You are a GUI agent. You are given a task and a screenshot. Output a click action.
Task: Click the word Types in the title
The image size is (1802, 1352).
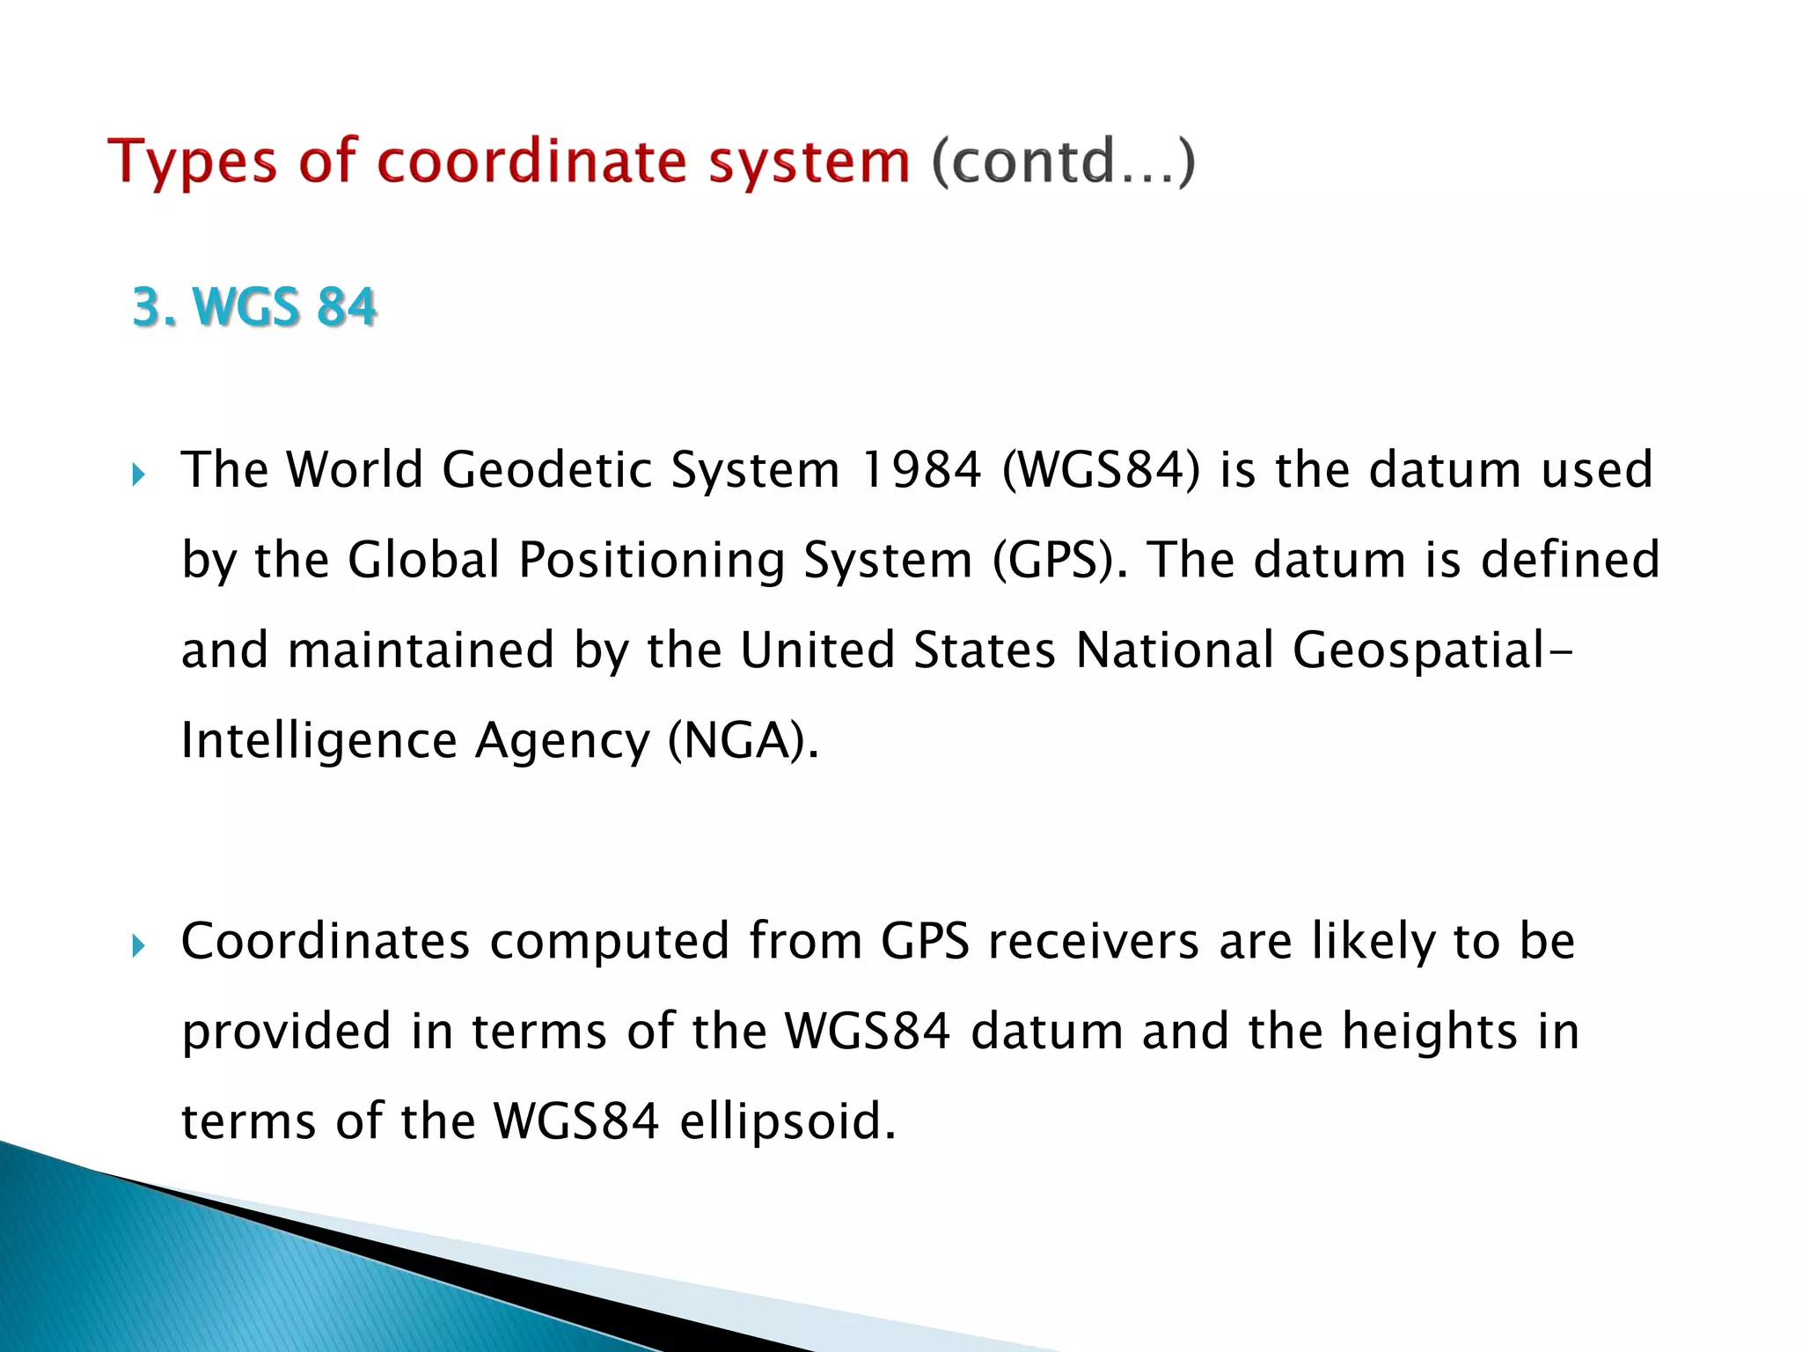point(192,163)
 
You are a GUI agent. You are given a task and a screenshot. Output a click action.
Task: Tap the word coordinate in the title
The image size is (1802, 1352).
point(532,163)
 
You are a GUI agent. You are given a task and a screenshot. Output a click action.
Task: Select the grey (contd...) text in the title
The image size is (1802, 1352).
point(1064,163)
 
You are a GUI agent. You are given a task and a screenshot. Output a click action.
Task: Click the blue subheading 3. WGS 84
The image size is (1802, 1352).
point(254,307)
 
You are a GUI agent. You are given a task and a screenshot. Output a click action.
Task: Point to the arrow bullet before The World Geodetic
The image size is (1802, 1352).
point(138,476)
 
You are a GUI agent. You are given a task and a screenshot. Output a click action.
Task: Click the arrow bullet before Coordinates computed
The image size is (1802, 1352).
point(138,947)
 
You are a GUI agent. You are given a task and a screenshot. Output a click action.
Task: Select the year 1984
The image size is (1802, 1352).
point(920,469)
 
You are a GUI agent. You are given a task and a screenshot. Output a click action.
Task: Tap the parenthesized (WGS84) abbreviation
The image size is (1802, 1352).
point(1101,469)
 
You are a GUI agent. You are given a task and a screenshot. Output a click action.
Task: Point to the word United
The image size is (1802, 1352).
point(817,650)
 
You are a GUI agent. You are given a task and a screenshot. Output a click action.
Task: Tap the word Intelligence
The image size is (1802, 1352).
point(319,741)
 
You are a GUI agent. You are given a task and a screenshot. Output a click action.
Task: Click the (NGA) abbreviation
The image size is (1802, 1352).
point(743,741)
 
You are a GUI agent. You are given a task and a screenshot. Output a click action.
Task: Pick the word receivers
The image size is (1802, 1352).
point(1094,941)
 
